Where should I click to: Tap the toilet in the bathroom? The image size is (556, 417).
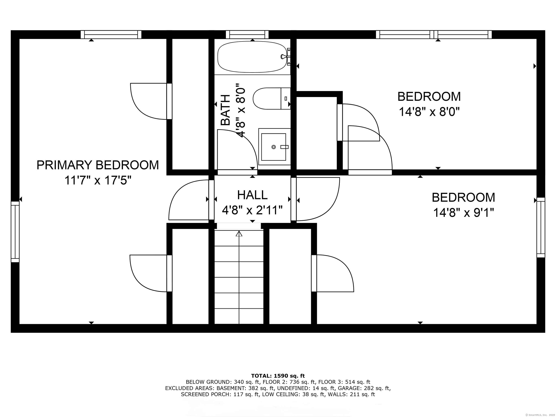click(x=271, y=98)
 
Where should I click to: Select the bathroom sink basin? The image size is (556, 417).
click(x=273, y=147)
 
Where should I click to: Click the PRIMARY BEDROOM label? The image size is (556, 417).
click(x=98, y=165)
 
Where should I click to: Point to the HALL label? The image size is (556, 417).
click(x=252, y=195)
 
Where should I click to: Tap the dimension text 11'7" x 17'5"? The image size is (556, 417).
click(x=98, y=180)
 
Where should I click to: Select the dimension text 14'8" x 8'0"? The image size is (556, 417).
click(x=429, y=112)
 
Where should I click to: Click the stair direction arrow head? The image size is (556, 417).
click(x=239, y=234)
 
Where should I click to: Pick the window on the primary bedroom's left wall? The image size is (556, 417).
click(x=15, y=232)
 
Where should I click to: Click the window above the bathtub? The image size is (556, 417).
click(x=247, y=34)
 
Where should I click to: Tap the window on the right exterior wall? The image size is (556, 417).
click(x=541, y=228)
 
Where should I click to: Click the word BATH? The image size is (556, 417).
click(x=226, y=110)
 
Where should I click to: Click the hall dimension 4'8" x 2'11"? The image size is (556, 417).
click(x=252, y=210)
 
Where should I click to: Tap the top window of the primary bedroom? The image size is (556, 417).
click(x=111, y=34)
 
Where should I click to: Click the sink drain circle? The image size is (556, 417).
click(x=274, y=147)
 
